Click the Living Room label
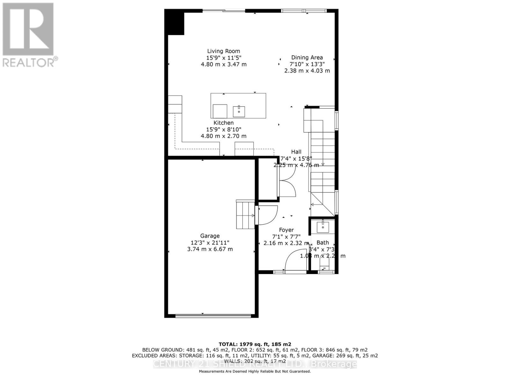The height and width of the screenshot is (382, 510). click(x=223, y=51)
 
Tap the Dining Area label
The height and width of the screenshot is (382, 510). click(x=307, y=57)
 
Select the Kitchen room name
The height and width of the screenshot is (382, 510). click(x=223, y=123)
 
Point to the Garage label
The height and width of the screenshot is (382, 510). click(x=210, y=236)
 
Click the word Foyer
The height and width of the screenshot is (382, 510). click(x=286, y=230)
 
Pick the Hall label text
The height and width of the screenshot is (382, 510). click(x=296, y=152)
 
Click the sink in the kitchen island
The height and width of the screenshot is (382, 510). click(x=239, y=111)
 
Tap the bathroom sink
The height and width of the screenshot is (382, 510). click(x=323, y=227)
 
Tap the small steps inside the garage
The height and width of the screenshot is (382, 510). click(x=245, y=215)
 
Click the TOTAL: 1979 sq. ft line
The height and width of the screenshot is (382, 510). click(x=255, y=344)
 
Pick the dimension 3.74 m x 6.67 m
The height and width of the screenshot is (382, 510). click(x=210, y=249)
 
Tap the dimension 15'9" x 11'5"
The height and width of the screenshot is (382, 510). click(x=223, y=58)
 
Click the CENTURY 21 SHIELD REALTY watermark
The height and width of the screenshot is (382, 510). click(x=255, y=364)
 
